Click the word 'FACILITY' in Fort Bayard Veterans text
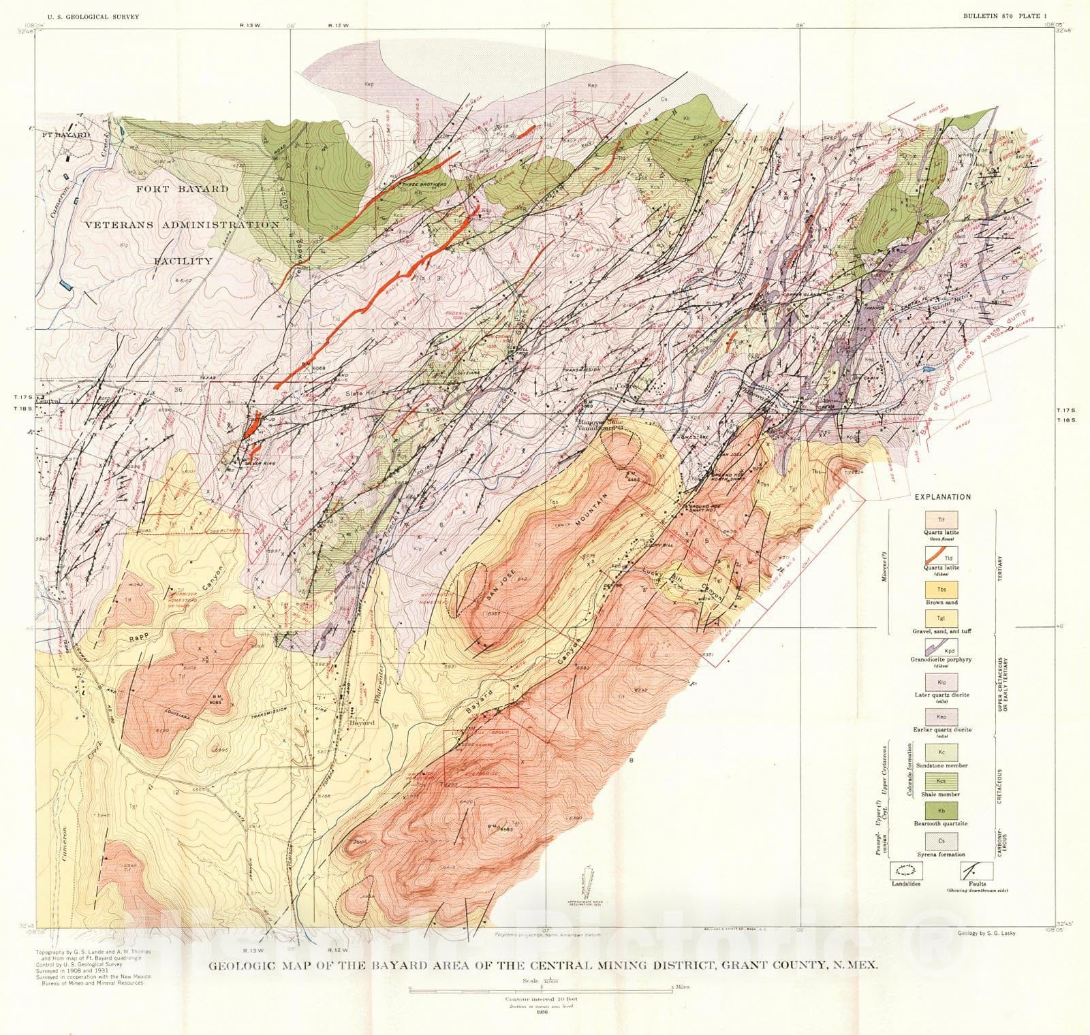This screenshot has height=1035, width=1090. [x=182, y=260]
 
